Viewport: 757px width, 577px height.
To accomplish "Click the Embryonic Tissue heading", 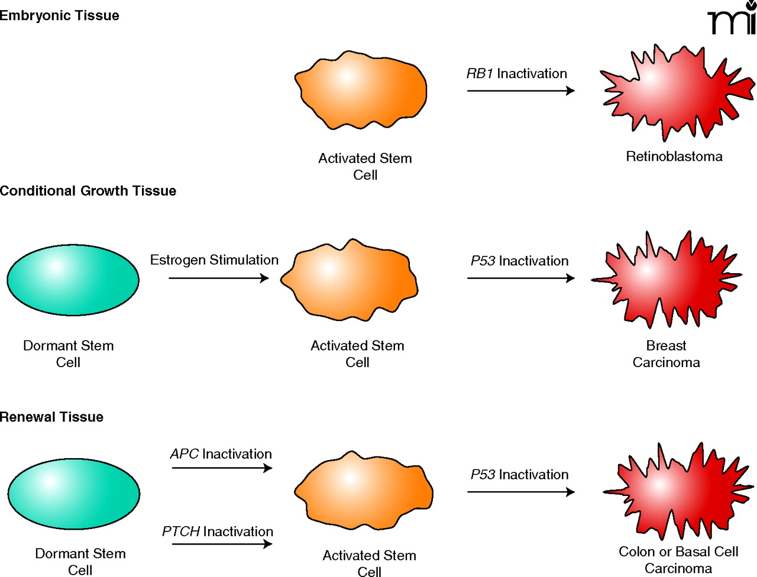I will click(x=59, y=15).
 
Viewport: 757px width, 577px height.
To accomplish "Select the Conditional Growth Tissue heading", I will click(x=88, y=191).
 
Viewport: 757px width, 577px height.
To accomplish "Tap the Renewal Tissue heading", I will click(x=51, y=417).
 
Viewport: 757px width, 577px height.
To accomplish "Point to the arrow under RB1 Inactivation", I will click(x=520, y=91).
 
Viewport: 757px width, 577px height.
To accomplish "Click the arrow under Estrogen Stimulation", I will click(x=218, y=278).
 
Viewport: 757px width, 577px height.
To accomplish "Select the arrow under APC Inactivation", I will click(x=222, y=468).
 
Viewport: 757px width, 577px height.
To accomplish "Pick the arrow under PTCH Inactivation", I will click(x=222, y=544).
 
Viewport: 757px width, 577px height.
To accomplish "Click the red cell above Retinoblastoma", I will click(x=674, y=92).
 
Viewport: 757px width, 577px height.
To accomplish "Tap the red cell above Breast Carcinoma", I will click(x=665, y=278).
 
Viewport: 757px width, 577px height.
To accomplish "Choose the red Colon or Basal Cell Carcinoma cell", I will click(x=677, y=491).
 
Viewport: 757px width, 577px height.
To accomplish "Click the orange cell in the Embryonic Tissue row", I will click(x=361, y=90).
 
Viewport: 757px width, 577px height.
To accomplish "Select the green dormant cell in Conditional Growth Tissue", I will click(x=73, y=280).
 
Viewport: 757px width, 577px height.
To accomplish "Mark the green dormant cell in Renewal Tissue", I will click(x=73, y=494).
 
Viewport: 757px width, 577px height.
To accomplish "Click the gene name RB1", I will click(x=480, y=74).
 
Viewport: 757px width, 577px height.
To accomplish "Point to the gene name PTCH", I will click(x=181, y=532).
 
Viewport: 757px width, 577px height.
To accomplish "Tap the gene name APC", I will click(x=185, y=454).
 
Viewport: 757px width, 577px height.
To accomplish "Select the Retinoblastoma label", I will click(x=674, y=157).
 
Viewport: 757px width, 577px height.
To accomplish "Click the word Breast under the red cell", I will click(x=666, y=346).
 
